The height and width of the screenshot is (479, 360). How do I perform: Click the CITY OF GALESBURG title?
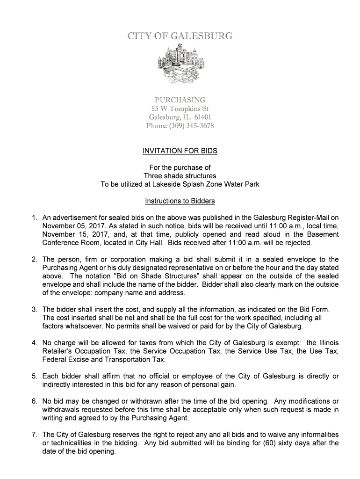(x=180, y=36)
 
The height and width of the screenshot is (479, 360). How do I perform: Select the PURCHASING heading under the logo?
(x=180, y=100)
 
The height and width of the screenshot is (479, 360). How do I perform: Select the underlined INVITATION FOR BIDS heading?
(x=180, y=151)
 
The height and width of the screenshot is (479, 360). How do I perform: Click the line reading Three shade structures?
(x=180, y=176)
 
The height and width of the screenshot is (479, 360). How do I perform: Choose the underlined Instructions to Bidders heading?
(x=180, y=201)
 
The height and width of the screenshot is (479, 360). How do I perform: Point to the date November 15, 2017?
(x=70, y=234)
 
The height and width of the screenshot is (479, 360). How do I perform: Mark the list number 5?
(x=35, y=376)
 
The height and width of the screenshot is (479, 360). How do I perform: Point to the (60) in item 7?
(x=267, y=443)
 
